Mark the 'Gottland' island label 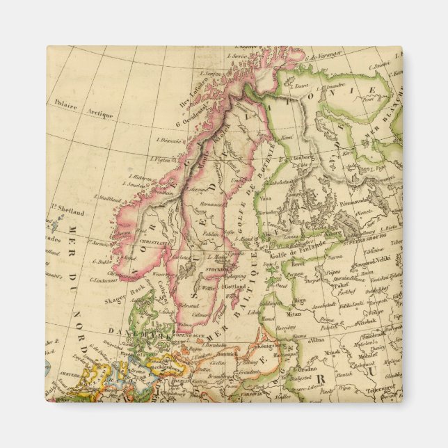(x=234, y=287)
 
